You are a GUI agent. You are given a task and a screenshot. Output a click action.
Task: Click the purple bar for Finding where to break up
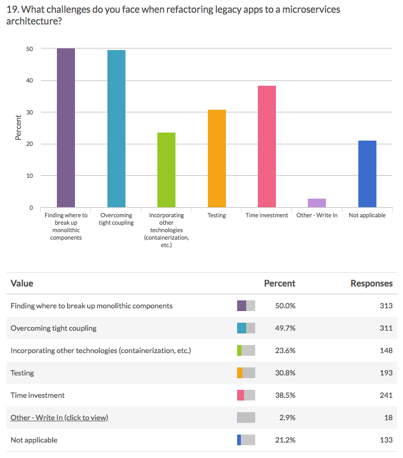click(66, 128)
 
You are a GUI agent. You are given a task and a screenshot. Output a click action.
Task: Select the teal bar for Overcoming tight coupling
click(116, 129)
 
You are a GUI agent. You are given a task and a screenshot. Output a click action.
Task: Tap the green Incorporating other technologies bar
click(166, 170)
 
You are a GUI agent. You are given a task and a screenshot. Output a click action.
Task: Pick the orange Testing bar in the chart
click(217, 159)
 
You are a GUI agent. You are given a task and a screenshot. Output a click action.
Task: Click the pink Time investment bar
click(267, 146)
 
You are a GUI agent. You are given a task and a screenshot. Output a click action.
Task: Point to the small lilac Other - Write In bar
click(317, 203)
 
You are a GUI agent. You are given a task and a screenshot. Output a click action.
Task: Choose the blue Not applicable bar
click(367, 174)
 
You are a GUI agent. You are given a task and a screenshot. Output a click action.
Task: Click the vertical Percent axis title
click(18, 128)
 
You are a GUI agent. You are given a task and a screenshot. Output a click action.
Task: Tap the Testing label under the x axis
click(217, 215)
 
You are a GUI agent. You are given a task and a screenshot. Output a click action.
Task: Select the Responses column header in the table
click(371, 283)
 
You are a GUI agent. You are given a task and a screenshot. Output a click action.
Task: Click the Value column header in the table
click(22, 283)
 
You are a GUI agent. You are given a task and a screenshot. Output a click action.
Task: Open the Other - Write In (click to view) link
click(59, 418)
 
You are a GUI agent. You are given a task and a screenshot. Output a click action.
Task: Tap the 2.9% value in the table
click(287, 418)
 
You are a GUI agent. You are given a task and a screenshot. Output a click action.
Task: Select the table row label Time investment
click(38, 395)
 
